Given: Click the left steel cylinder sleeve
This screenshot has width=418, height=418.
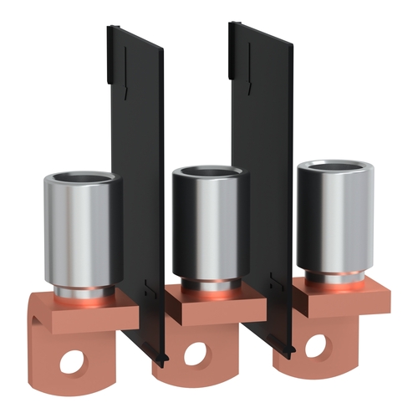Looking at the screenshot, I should (82, 230).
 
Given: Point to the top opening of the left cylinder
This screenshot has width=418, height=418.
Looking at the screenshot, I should (82, 179).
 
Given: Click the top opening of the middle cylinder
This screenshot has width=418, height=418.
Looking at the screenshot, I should (211, 173).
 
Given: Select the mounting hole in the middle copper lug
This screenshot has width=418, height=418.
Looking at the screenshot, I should (193, 354).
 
